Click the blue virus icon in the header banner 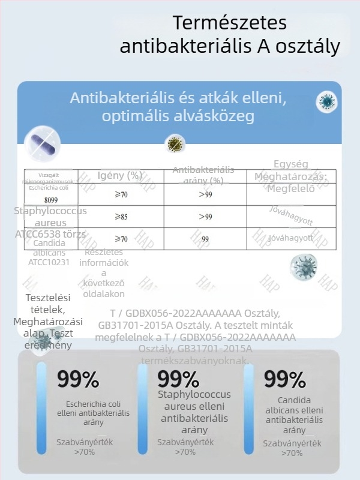pyautogui.click(x=327, y=102)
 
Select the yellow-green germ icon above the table pyautogui.click(x=175, y=143)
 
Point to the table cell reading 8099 pyautogui.click(x=51, y=200)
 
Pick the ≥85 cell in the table pyautogui.click(x=121, y=217)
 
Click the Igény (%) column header pyautogui.click(x=119, y=176)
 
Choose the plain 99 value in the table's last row pyautogui.click(x=205, y=239)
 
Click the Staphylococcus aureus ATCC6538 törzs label pyautogui.click(x=50, y=223)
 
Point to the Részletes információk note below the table pyautogui.click(x=103, y=273)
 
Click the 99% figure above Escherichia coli pyautogui.click(x=78, y=379)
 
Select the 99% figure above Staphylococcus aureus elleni pyautogui.click(x=178, y=379)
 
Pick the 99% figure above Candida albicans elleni pyautogui.click(x=284, y=379)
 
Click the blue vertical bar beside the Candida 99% pyautogui.click(x=248, y=409)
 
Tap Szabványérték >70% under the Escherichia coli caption pyautogui.click(x=85, y=447)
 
